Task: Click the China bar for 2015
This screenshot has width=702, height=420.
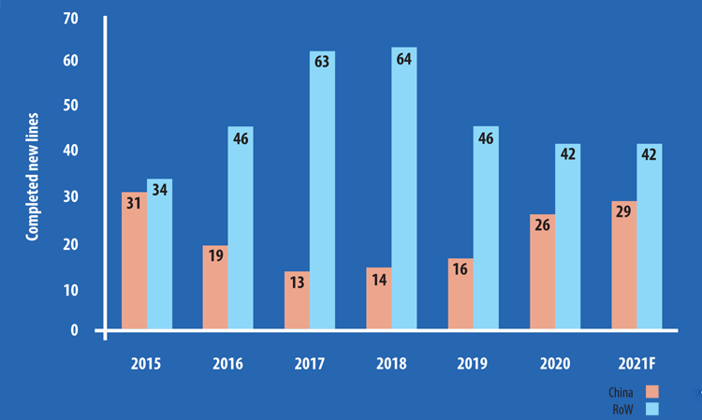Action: tap(134, 262)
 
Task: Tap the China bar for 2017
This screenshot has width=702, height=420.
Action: tap(298, 300)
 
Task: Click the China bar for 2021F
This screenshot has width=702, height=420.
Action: tap(624, 266)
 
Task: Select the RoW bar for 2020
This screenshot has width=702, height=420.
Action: tap(567, 238)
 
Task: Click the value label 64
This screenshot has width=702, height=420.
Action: tap(404, 59)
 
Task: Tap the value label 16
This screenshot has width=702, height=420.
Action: tap(461, 270)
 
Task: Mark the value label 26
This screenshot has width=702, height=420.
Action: tap(543, 226)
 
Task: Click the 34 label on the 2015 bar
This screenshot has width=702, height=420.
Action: tap(159, 191)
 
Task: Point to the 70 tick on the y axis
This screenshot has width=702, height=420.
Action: tap(71, 17)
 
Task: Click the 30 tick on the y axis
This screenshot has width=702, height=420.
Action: tap(71, 196)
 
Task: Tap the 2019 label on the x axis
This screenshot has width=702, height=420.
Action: tap(473, 363)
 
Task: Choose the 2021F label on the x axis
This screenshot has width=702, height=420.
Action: tap(637, 363)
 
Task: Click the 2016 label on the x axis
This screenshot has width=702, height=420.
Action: tap(227, 363)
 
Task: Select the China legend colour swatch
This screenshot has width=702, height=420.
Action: tap(651, 391)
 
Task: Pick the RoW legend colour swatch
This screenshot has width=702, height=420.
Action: tap(651, 409)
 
